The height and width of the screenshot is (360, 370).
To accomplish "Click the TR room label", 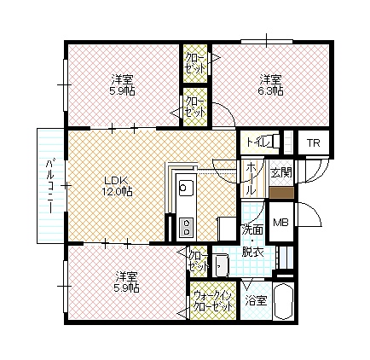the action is (313, 143).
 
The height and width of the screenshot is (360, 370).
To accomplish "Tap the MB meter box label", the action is (280, 222).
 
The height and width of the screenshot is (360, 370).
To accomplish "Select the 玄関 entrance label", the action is (281, 172).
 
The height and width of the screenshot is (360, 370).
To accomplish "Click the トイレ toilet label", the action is (258, 142).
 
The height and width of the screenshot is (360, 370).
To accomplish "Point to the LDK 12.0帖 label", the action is (117, 186).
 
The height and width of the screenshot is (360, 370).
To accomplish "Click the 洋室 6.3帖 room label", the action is (271, 84).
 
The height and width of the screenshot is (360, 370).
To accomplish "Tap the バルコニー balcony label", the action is (50, 187).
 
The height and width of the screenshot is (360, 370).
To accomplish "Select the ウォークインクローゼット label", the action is (213, 301).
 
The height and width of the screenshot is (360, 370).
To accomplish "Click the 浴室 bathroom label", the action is (257, 301).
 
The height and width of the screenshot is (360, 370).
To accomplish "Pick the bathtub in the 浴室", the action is (283, 302).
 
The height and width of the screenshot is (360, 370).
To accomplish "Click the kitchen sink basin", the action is (186, 188).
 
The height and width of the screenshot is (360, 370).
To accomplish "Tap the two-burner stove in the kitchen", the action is (187, 227).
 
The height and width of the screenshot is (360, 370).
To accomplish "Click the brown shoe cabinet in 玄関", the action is (281, 193).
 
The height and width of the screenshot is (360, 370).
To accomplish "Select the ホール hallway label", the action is (251, 178).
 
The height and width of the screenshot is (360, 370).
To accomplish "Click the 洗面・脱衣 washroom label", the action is (252, 241).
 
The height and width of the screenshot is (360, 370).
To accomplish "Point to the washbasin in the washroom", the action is (222, 265).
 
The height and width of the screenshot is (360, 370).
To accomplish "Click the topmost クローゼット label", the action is (195, 64).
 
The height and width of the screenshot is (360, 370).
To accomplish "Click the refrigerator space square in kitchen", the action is (227, 229).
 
